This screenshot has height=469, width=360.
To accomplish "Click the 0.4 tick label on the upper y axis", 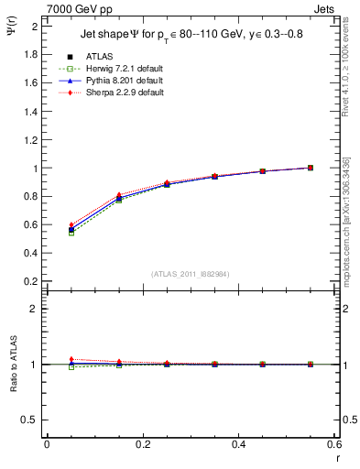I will pyautogui.click(x=33, y=253).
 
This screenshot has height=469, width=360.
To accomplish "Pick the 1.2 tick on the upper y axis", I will pyautogui.click(x=33, y=140).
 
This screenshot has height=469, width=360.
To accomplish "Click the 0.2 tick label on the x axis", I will pyautogui.click(x=142, y=445).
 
